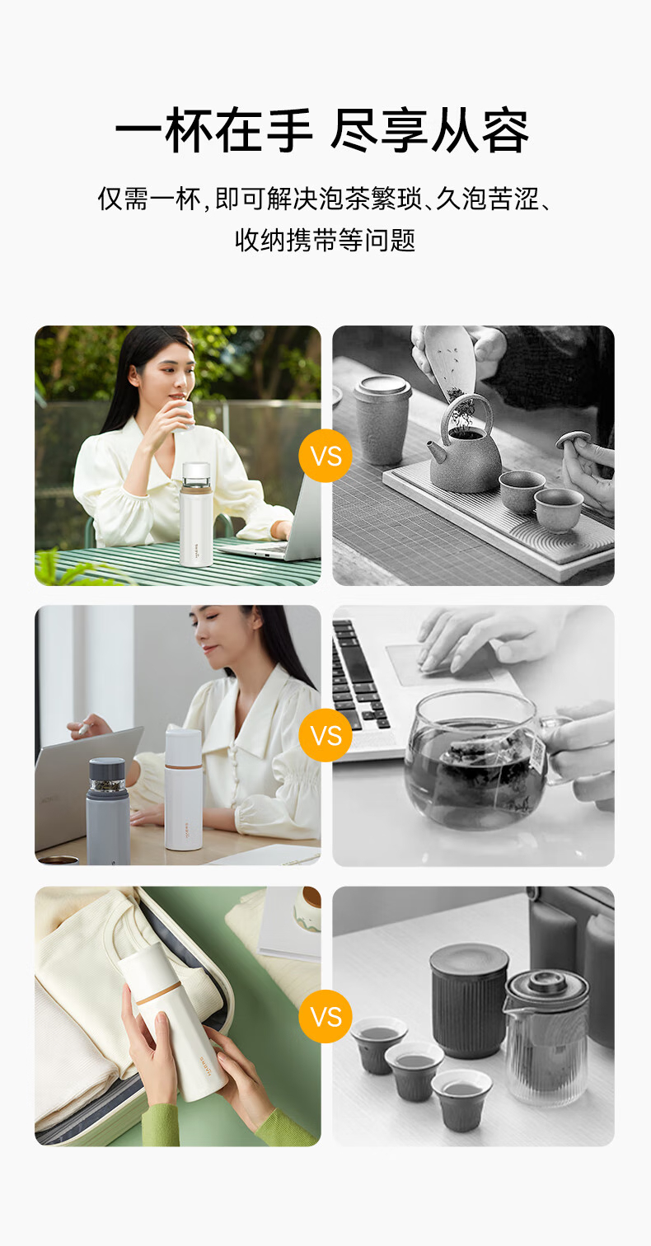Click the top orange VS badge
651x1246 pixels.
[325, 457]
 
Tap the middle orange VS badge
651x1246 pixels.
[325, 735]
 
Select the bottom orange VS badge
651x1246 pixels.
[325, 1016]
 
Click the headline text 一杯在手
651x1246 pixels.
[213, 130]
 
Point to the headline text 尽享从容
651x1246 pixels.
[429, 130]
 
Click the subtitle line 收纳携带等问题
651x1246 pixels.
[325, 240]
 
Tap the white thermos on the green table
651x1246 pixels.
[196, 514]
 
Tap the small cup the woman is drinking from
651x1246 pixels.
[182, 416]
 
